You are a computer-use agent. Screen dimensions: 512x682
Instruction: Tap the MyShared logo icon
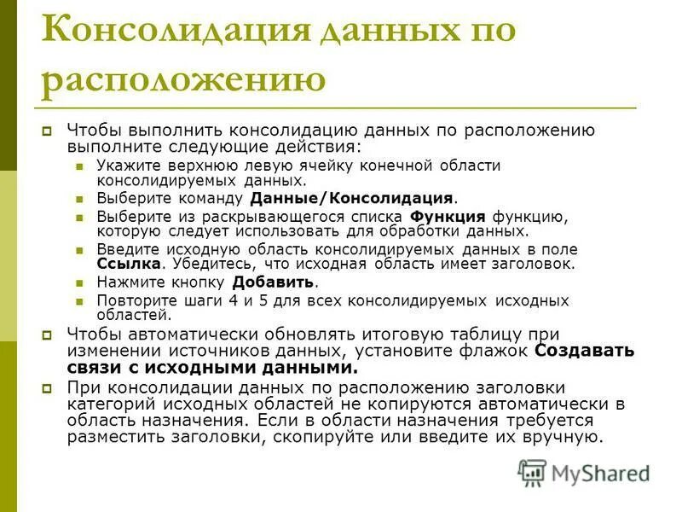pos(532,472)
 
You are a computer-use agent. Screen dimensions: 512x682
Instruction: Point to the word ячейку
pos(328,166)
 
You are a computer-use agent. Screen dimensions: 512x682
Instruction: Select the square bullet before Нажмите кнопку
pos(80,282)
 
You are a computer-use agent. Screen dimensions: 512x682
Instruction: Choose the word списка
pos(373,217)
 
